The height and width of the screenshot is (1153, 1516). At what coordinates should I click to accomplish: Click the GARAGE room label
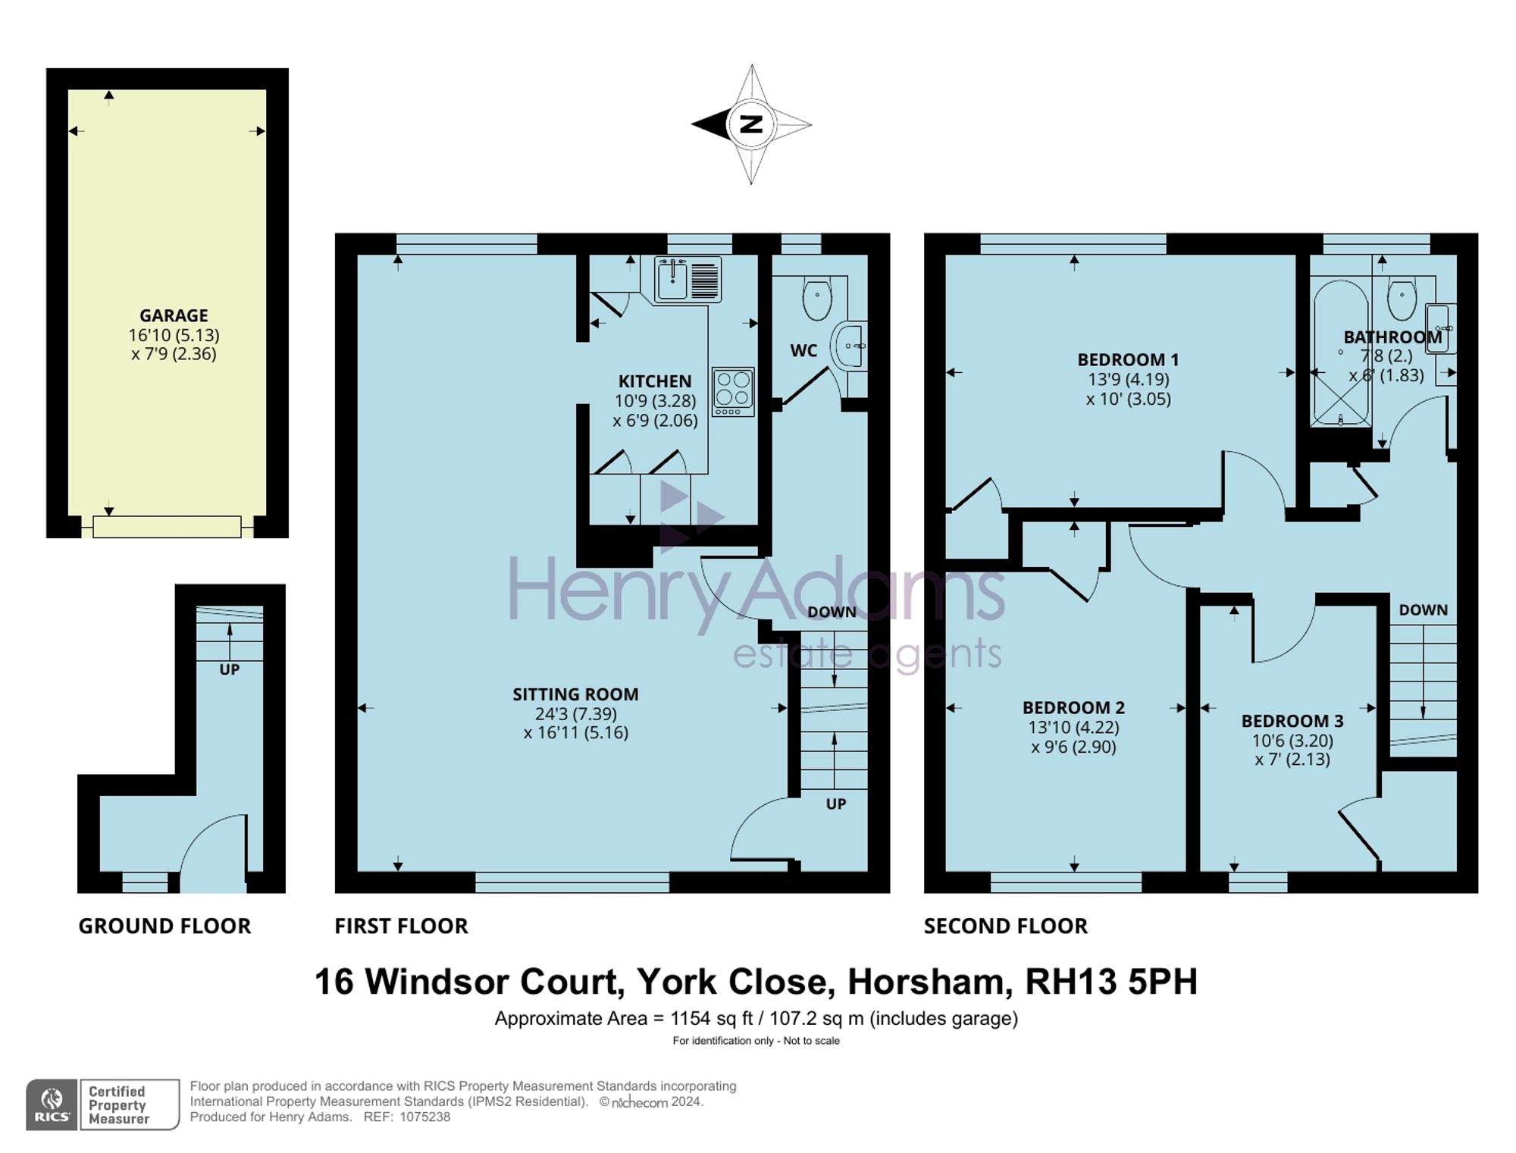coord(174,315)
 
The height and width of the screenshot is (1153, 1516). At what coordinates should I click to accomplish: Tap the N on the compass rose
coord(751,124)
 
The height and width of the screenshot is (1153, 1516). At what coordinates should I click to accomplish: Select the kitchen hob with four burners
coord(733,392)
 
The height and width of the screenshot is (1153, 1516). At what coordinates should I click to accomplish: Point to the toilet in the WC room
coord(817,297)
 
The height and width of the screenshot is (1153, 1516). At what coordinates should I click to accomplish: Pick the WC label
coord(803,350)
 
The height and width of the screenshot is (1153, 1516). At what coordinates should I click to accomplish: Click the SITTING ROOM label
coord(575,694)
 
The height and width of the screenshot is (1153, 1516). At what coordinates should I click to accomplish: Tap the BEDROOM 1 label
coord(1128,359)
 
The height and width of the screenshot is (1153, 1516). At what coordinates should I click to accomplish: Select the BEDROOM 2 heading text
coord(1073,707)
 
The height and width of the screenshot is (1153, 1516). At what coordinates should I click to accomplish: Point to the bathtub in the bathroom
coord(1341,354)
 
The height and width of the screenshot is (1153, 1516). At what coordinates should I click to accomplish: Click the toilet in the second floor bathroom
coord(1402,297)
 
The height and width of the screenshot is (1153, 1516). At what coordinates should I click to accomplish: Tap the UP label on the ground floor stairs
coord(229,669)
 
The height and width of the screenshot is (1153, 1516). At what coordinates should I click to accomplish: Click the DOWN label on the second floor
coord(1423,609)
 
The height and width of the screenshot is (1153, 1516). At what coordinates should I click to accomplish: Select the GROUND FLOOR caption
coord(164,926)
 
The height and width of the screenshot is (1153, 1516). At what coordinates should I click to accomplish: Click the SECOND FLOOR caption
coord(1006,926)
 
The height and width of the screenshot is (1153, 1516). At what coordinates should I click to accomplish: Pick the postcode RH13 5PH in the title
coord(1111,982)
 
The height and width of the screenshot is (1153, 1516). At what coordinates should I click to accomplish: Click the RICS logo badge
coord(52,1104)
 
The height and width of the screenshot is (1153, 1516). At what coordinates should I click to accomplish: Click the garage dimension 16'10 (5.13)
coord(174,335)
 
